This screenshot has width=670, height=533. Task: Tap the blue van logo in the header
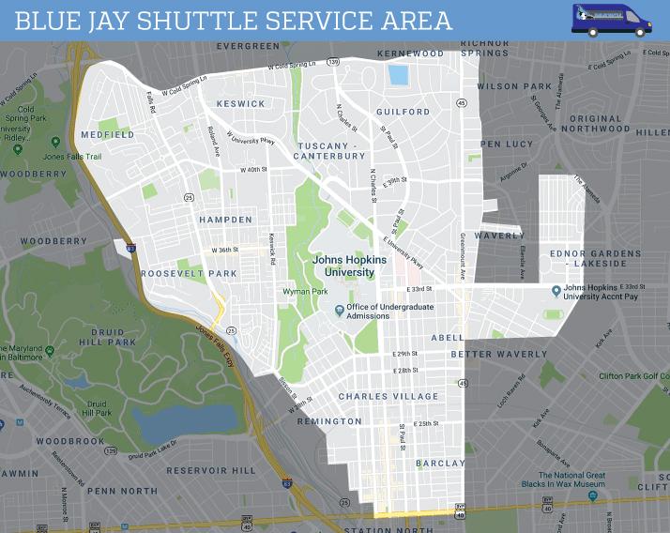tap(611, 20)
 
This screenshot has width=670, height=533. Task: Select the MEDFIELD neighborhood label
tap(108, 135)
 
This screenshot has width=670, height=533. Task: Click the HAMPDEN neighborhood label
tap(225, 220)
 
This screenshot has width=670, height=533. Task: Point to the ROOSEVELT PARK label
tap(189, 273)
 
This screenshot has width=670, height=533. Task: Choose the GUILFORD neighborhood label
tap(403, 112)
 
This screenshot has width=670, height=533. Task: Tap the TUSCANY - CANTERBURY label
tap(331, 151)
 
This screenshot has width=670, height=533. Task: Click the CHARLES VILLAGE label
tap(388, 396)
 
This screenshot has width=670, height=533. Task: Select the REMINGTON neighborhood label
tap(328, 421)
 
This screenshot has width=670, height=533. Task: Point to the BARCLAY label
tap(440, 463)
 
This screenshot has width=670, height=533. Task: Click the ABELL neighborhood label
tap(447, 338)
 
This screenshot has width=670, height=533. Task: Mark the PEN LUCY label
tap(506, 145)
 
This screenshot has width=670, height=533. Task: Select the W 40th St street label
tap(253, 170)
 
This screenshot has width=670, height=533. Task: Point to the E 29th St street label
tap(404, 354)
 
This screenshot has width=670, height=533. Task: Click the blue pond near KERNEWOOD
tap(399, 75)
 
